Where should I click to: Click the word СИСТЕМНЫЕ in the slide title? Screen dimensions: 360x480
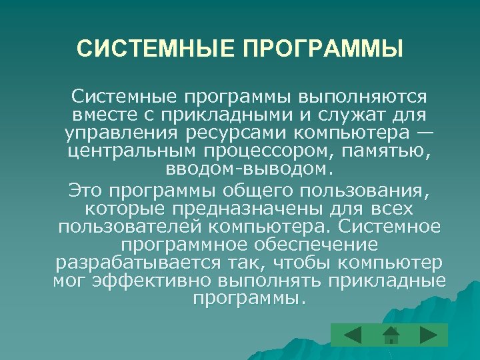[151, 49]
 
